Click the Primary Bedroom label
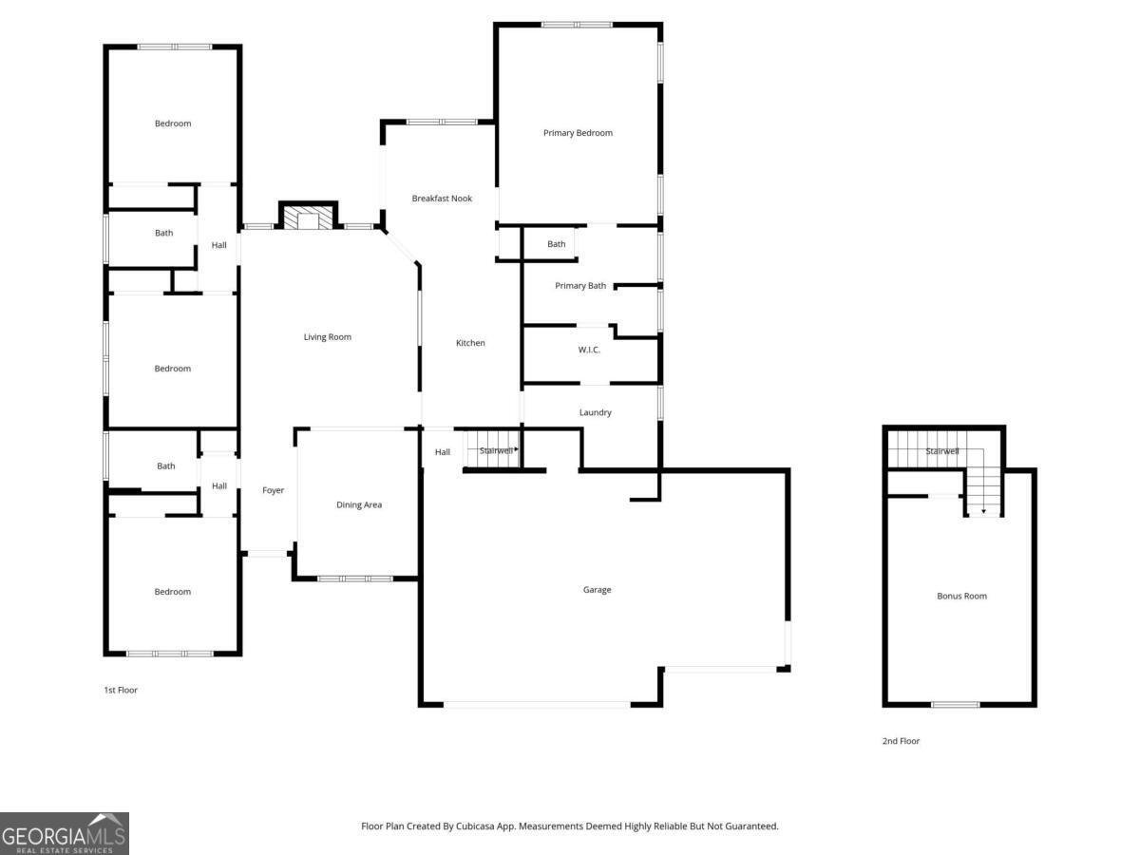coord(578,133)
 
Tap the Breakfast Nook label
coord(442,199)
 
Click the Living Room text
coord(327,337)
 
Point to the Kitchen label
coord(470,343)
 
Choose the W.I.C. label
coord(589,350)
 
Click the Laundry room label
coord(596,412)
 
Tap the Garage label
coord(597,590)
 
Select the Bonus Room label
coord(961,596)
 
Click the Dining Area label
coord(359,504)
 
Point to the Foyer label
coord(274,490)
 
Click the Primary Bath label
coord(580,286)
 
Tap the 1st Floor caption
coord(121,690)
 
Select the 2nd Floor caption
coord(901,741)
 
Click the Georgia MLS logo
coord(65,834)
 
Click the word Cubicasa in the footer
coord(475,826)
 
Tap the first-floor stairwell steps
coord(493,449)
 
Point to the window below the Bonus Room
coord(955,705)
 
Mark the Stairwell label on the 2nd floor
coord(942,451)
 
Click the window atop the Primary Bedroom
coord(577,25)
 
